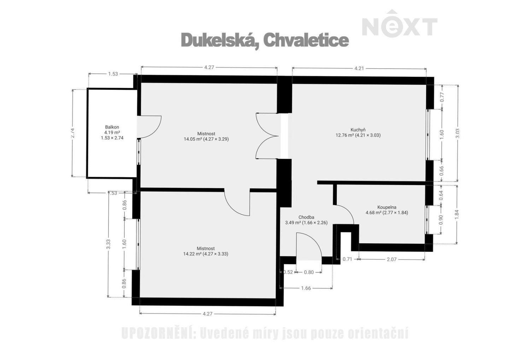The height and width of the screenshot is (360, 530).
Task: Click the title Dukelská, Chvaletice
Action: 265,40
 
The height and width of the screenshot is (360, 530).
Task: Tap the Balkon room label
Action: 112,132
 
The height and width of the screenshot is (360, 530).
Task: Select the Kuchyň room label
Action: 358,132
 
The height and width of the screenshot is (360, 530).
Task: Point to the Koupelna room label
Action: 387,210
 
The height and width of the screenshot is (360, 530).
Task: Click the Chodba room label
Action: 306,220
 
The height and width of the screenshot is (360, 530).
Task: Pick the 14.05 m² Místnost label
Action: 206,136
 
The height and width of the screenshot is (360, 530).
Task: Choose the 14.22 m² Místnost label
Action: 206,251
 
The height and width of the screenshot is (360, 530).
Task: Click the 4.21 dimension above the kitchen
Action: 359,68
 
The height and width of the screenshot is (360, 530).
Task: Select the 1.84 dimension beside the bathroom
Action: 457,214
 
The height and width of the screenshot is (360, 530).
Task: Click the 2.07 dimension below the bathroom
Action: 391,259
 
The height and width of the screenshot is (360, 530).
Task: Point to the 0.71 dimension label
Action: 347,259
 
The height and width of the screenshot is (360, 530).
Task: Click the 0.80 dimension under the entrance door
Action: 308,272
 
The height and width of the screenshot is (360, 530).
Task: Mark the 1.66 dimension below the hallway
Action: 306,288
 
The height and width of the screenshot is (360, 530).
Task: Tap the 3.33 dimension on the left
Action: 108,244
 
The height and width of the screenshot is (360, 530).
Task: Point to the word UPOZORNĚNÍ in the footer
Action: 158,333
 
